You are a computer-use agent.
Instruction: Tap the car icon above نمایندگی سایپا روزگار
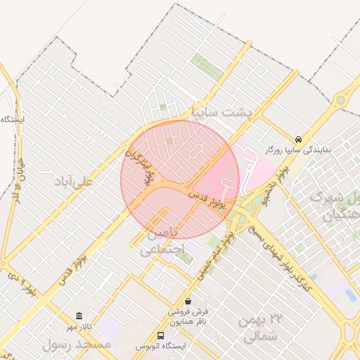coord(300,139)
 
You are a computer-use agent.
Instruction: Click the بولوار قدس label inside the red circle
coord(205,195)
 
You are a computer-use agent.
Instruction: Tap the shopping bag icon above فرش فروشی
coord(187,300)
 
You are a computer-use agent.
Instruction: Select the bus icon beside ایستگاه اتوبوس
coord(161,335)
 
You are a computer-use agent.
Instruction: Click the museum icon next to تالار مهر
coord(79,316)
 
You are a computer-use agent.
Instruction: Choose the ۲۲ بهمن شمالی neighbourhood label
coord(259,328)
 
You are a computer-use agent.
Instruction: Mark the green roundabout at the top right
coord(340,100)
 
